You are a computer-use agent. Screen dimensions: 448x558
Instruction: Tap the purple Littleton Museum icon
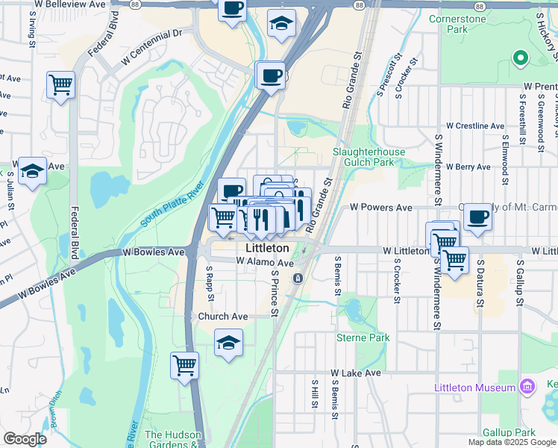[x=527, y=387]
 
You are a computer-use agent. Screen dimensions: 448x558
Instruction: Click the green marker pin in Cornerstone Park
[x=520, y=57]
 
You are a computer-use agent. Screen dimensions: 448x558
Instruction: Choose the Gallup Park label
[x=510, y=433]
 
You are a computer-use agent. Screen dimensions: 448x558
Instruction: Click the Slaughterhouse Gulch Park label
[x=369, y=157]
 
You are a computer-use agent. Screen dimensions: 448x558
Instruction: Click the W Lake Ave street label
[x=356, y=373]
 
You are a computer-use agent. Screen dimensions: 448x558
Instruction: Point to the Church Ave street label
[x=222, y=317]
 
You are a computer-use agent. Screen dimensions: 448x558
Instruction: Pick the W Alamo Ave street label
[x=265, y=262]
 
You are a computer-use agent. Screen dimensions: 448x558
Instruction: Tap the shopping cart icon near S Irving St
[x=60, y=84]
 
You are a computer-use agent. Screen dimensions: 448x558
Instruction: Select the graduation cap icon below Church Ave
[x=229, y=343]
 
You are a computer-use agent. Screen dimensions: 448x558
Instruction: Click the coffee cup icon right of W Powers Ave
[x=477, y=217]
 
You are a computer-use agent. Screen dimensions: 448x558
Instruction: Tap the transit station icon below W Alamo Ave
[x=298, y=279]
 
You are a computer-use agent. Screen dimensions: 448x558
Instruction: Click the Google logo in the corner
[x=25, y=439]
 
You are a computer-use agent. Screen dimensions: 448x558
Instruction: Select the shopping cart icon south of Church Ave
[x=184, y=366]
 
